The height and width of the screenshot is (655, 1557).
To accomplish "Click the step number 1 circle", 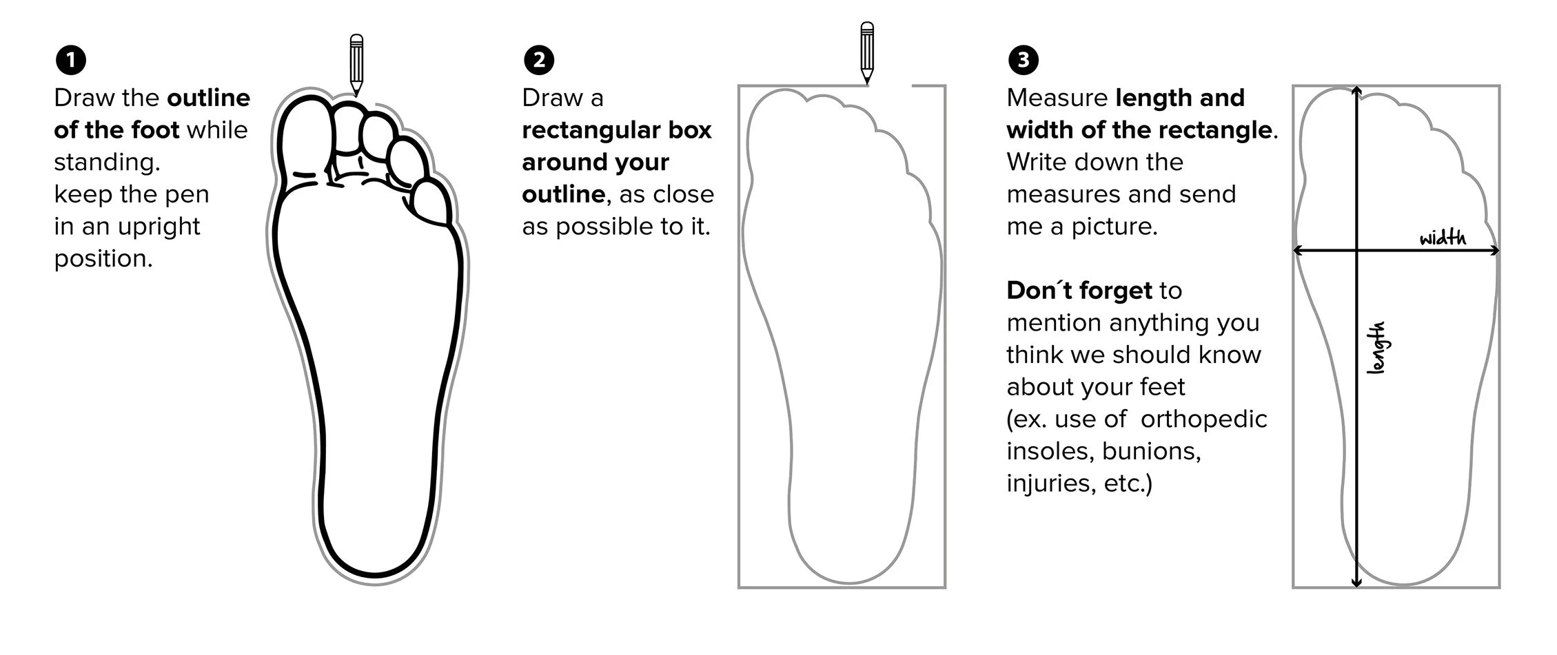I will click(70, 60).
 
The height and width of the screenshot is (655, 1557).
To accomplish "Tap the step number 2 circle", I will click(538, 60).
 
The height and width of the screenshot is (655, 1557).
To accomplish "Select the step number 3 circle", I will click(1023, 60).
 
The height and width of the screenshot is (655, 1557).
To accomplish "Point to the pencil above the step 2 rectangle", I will click(867, 52).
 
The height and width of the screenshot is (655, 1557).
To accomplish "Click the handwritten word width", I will click(1443, 238).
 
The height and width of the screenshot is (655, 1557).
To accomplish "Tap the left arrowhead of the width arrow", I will click(1298, 251).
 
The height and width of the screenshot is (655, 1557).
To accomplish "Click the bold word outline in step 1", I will click(208, 98).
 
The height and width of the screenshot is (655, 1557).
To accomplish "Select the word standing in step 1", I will click(106, 163).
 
